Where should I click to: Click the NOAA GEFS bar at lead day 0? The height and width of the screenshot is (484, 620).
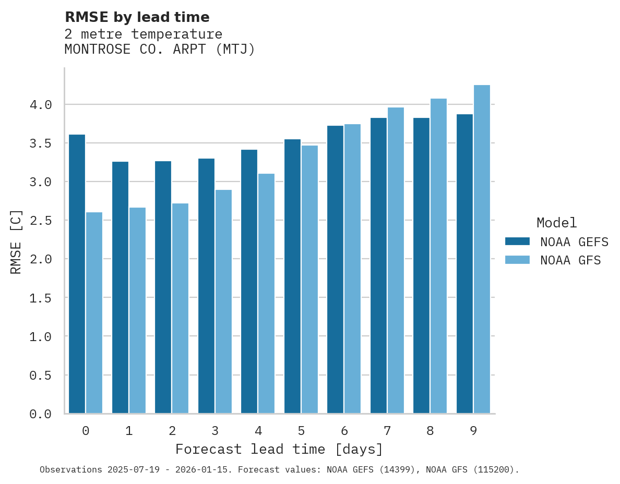tap(77, 274)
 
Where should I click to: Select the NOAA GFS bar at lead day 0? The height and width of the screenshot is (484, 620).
tap(94, 312)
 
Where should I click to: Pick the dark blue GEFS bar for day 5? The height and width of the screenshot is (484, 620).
tap(292, 276)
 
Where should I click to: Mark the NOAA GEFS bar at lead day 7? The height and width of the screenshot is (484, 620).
tap(378, 265)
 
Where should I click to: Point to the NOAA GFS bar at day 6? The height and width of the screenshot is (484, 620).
tap(352, 269)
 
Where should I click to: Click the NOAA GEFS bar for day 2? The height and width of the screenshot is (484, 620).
tap(163, 287)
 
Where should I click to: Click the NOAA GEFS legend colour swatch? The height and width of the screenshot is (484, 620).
tap(517, 241)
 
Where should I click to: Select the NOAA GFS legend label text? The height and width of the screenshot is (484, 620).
tap(570, 260)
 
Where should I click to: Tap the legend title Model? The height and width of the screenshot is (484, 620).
tap(556, 223)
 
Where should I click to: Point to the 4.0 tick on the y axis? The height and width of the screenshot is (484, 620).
tap(41, 105)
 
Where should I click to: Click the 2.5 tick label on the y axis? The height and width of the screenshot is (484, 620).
tap(41, 221)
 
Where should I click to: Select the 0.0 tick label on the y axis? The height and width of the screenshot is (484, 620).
tap(41, 414)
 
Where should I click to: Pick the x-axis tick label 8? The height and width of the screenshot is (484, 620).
tap(430, 431)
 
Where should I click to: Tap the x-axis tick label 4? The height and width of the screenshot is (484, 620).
tap(258, 431)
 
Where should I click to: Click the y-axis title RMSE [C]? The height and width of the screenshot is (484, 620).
tap(16, 241)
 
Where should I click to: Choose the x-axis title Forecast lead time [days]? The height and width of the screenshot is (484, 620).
tap(279, 449)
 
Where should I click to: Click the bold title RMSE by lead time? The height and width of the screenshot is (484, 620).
tap(137, 17)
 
